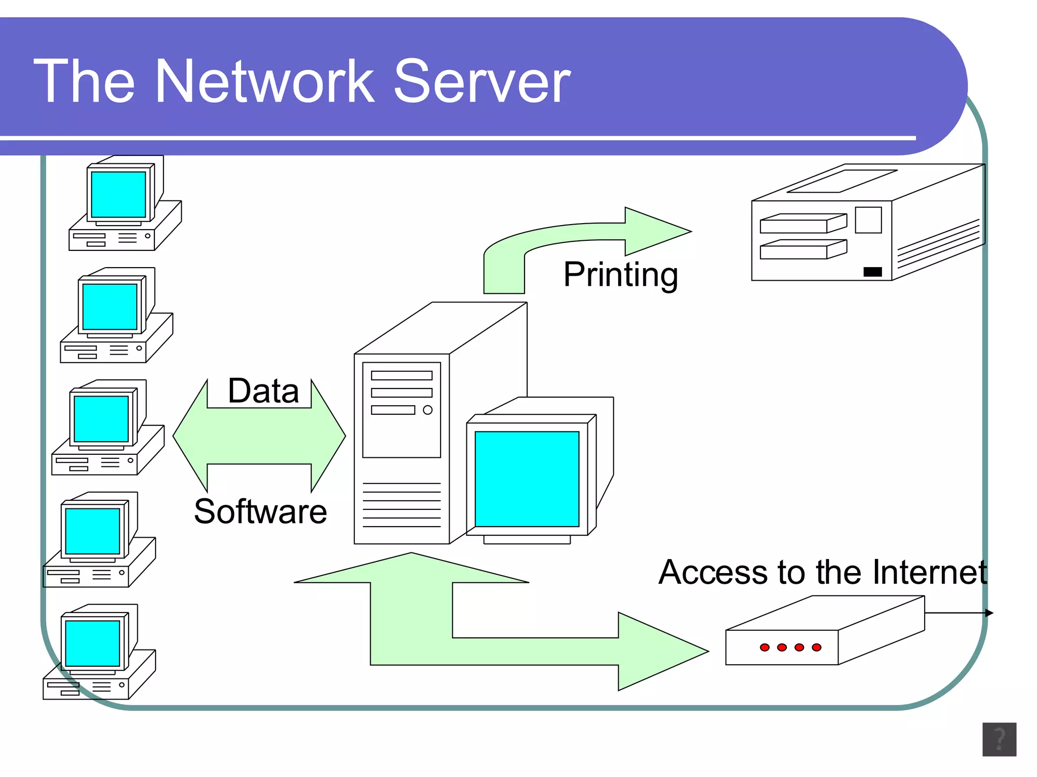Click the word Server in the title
(482, 82)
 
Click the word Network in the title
(264, 82)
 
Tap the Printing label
(620, 275)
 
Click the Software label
(260, 511)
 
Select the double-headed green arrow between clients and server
(259, 436)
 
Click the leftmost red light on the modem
(765, 647)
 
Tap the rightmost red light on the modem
(816, 647)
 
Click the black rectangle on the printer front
(872, 272)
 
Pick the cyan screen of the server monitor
(527, 479)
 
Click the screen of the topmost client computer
(118, 195)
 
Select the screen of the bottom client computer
(93, 643)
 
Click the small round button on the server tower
(427, 410)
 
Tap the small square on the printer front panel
(868, 220)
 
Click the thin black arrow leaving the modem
(960, 613)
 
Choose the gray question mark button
(999, 739)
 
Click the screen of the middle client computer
(101, 419)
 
